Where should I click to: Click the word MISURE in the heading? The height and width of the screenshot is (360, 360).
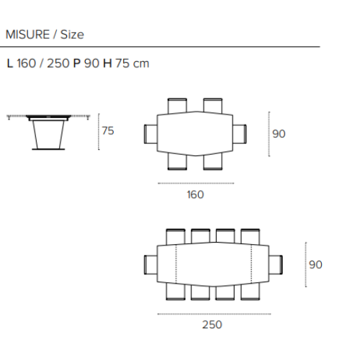27,35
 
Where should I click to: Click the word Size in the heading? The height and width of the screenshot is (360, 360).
72,35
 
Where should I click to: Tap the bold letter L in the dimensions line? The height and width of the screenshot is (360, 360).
10,63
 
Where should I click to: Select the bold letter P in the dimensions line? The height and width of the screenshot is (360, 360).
77,63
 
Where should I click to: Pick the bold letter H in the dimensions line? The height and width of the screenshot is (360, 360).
107,63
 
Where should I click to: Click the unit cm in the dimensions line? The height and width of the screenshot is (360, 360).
141,64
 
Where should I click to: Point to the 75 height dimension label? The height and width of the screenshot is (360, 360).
108,131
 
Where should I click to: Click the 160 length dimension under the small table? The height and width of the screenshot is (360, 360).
195,194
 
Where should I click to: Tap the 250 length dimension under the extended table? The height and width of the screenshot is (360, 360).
212,325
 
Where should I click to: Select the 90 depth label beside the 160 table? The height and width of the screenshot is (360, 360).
279,134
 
